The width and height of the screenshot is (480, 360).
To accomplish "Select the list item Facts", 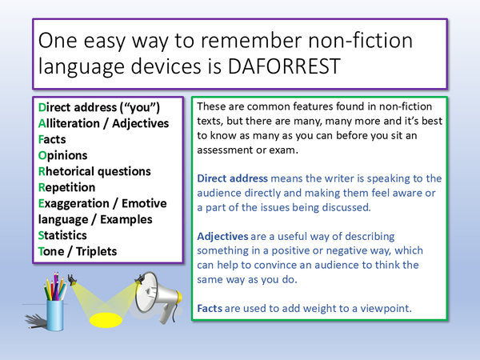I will tap(55, 139).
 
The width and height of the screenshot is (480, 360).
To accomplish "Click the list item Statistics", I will tap(66, 235).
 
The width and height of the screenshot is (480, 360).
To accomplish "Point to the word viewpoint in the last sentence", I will tap(382, 306).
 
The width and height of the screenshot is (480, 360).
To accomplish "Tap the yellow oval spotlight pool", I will tap(106, 321).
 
